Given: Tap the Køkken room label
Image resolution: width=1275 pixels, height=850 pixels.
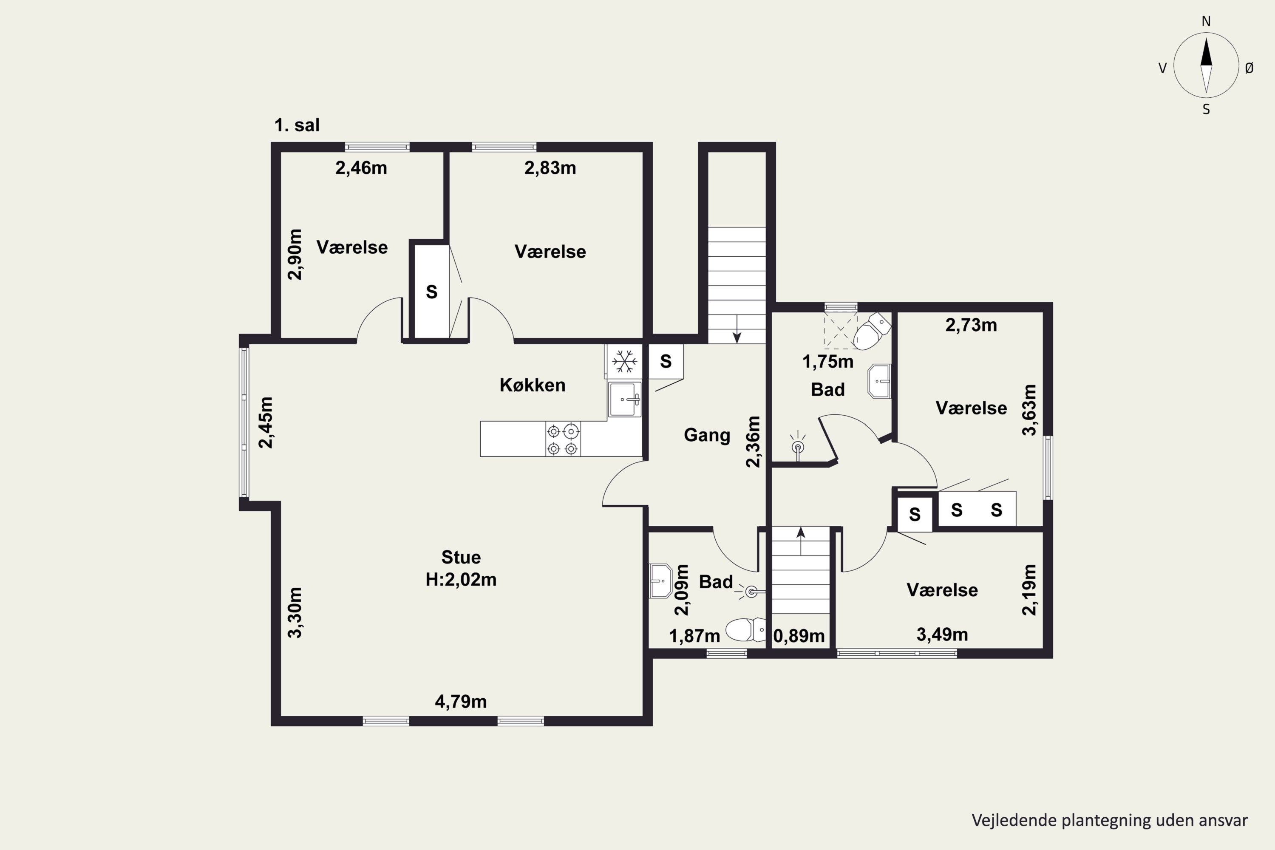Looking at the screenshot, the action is (533, 385).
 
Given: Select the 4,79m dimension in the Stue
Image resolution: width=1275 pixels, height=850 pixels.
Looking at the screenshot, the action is (461, 702).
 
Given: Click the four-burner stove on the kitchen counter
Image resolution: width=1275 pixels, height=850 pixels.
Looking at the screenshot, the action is (563, 439).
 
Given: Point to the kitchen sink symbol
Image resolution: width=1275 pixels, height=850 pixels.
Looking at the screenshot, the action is (624, 399).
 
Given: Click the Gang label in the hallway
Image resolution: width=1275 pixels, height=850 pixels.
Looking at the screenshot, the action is (707, 435).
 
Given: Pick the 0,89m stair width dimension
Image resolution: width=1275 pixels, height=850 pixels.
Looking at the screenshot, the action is (799, 636).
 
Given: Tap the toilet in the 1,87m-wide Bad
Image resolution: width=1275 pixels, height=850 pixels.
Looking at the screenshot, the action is (745, 629).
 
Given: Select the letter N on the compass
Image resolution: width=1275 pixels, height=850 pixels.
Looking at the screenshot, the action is (1206, 21).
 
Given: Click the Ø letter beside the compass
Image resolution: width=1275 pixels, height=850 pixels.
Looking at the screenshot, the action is (1249, 68).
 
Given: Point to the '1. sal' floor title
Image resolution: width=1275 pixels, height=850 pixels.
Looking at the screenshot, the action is (297, 125).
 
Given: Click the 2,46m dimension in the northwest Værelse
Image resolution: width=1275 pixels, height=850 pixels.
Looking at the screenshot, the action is (361, 168).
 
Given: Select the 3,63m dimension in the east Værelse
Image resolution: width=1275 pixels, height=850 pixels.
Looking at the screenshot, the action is (1029, 410).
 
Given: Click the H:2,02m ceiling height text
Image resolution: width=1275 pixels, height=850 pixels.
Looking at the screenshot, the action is (461, 580).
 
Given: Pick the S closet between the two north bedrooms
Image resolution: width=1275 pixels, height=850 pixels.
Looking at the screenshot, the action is (431, 292).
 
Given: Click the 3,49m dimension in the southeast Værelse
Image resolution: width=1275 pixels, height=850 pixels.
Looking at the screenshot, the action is (942, 634).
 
